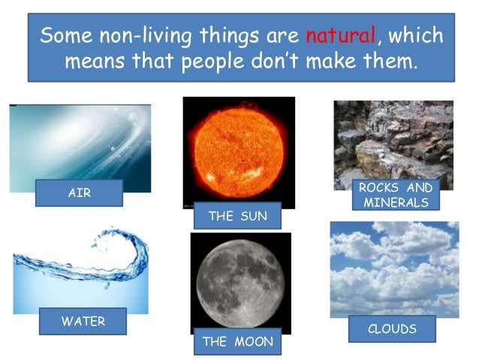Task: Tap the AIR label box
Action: pyautogui.click(x=79, y=193)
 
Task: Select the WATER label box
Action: pyautogui.click(x=83, y=322)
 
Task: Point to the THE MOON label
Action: pyautogui.click(x=237, y=341)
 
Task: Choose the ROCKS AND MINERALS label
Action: pyautogui.click(x=395, y=195)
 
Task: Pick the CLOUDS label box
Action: pyautogui.click(x=391, y=328)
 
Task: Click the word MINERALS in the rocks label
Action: pyautogui.click(x=396, y=202)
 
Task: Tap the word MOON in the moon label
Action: pyautogui.click(x=252, y=341)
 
